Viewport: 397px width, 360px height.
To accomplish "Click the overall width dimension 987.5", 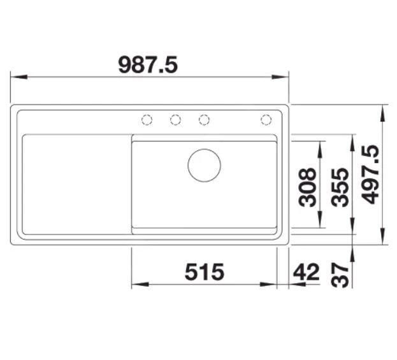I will [148, 64].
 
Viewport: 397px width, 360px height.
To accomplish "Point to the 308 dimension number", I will [308, 187].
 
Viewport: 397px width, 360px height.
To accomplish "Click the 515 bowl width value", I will [205, 272].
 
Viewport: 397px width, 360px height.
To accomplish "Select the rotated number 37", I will [342, 275].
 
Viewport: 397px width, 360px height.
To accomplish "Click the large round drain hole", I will [204, 164].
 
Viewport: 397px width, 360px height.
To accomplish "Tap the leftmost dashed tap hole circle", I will [147, 119].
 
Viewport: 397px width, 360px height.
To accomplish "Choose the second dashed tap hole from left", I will [175, 119].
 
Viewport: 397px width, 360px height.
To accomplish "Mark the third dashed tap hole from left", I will [204, 119].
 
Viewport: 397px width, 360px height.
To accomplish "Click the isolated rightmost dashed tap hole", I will [266, 119].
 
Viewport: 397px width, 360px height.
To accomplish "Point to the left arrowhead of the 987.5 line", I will [18, 77].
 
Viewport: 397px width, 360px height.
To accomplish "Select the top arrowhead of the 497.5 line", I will [382, 110].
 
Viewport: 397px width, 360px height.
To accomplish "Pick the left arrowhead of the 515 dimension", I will [137, 284].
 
